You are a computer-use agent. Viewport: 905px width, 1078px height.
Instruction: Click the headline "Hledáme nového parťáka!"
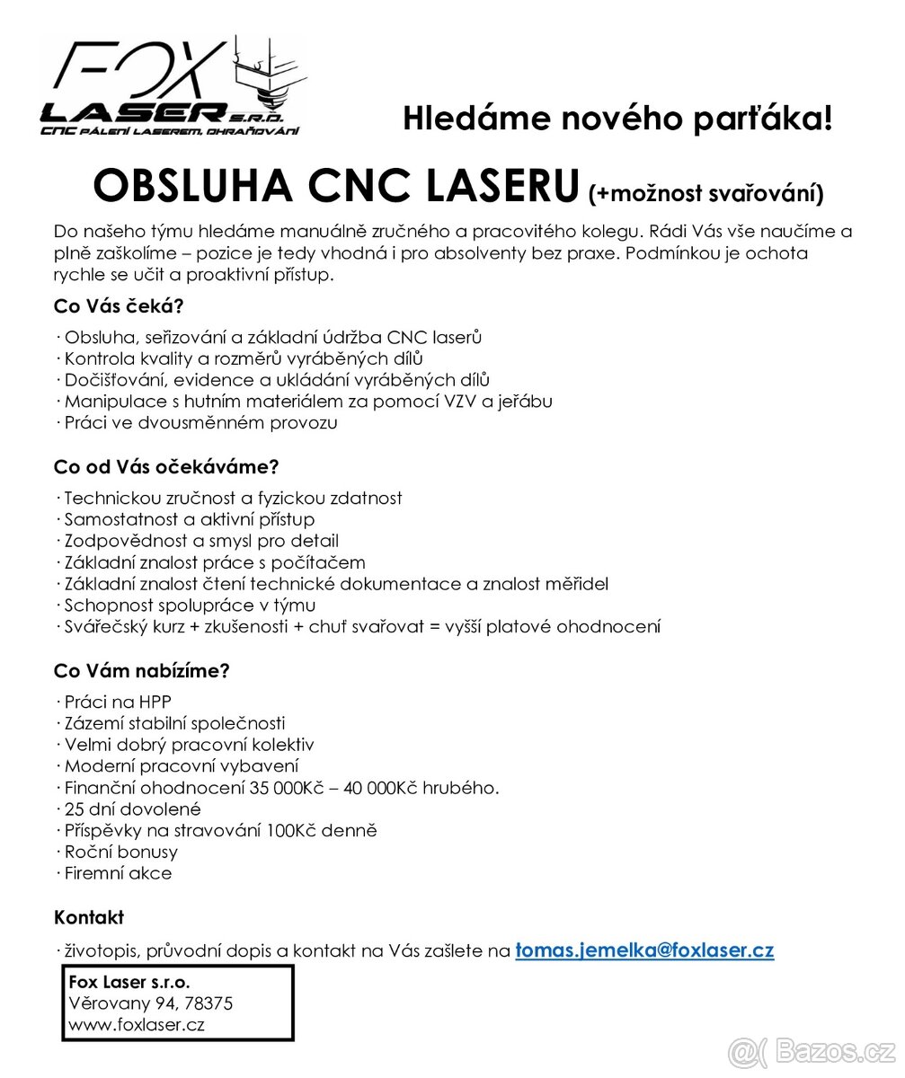tap(617, 119)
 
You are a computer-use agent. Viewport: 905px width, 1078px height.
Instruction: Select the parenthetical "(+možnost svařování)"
tap(705, 192)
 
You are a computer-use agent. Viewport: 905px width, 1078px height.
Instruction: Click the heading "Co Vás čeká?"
tap(119, 305)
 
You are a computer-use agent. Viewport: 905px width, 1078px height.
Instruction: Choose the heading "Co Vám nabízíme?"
tap(142, 670)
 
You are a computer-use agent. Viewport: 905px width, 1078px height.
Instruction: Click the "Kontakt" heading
tap(89, 918)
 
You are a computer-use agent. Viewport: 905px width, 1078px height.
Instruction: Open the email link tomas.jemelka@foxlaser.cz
tap(644, 950)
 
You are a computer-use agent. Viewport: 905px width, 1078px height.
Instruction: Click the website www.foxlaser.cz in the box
tap(137, 1025)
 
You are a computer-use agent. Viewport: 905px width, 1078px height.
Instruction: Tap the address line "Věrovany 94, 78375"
tap(151, 1003)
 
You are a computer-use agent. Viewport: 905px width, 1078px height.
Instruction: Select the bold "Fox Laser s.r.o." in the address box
tap(129, 982)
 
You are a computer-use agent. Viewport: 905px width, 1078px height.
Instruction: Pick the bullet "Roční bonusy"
tap(120, 852)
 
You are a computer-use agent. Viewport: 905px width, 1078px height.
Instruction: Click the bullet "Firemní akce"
tap(118, 873)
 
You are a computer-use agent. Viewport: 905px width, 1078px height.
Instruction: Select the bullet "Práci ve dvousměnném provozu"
tap(200, 422)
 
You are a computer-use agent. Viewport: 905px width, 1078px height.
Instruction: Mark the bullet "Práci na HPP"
tap(117, 702)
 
